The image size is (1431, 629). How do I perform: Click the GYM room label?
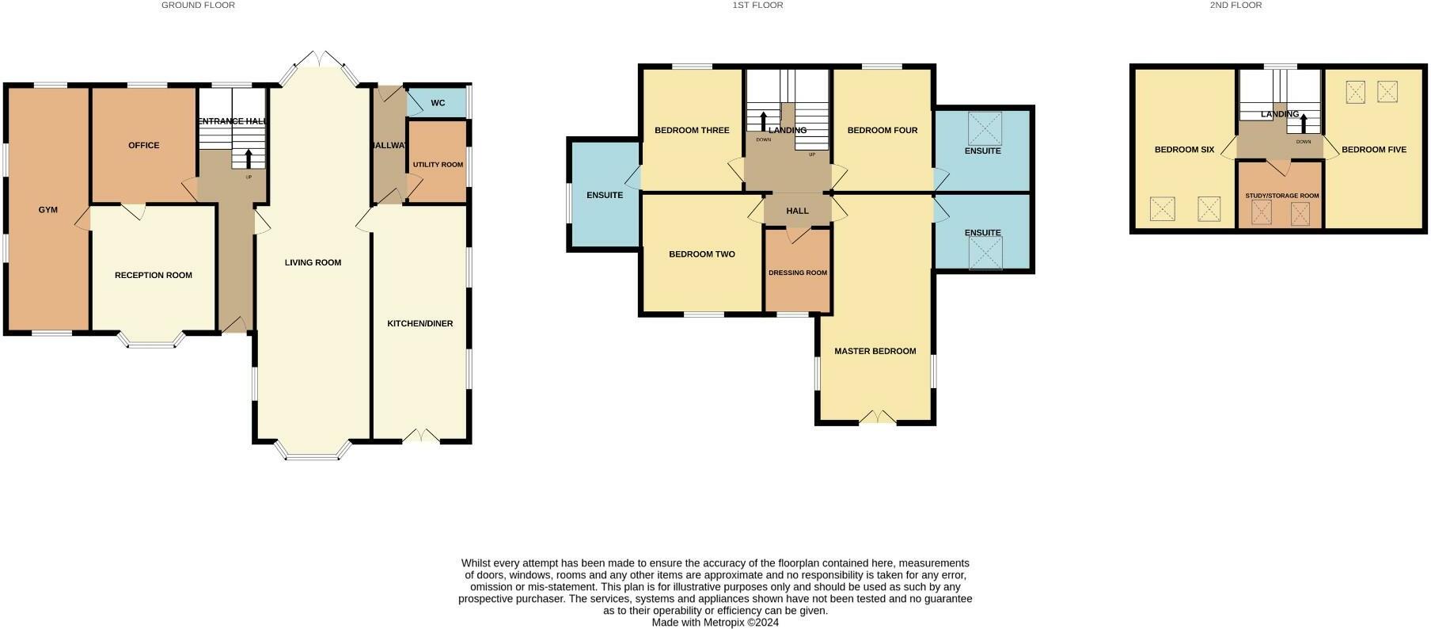coord(48,210)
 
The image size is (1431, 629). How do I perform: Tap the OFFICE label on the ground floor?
coord(144,145)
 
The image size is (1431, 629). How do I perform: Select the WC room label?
coord(438,103)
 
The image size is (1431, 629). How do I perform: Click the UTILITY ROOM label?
coord(438,165)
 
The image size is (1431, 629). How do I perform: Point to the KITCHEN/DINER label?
coord(419,323)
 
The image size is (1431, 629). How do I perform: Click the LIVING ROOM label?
coord(313,262)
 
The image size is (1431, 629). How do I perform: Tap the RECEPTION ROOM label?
coord(154,275)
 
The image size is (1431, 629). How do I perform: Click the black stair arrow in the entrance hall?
coord(249,157)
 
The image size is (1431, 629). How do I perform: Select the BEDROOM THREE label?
coord(692,130)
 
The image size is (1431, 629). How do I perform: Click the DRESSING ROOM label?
coord(797,273)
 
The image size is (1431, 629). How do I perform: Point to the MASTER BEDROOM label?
coord(875,351)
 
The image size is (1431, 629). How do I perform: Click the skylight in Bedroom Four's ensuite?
coord(985,128)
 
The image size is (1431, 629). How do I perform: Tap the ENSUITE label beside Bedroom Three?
coord(605,195)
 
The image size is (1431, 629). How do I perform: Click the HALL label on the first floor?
coord(797,211)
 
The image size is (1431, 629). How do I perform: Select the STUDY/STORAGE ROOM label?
coord(1281,196)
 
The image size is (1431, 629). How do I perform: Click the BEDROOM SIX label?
coord(1184,149)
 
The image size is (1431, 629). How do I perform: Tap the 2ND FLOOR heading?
coord(1236,5)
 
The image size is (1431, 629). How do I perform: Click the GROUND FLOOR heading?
coord(198,5)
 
